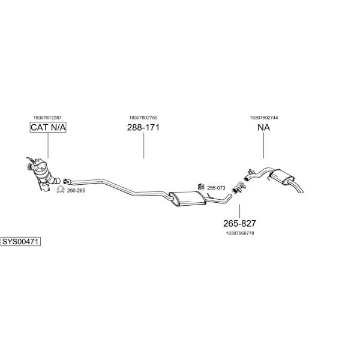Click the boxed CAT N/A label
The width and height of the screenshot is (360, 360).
coord(48,127)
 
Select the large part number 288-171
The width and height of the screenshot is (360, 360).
coord(143,127)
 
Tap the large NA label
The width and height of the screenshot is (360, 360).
coord(263,127)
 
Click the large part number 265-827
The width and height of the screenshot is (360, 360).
coord(239,223)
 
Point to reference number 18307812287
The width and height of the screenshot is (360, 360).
coord(47,118)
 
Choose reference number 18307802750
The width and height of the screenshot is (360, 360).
coord(143,118)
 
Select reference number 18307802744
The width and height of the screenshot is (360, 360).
coord(264,118)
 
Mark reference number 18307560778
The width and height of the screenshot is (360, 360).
coord(240,233)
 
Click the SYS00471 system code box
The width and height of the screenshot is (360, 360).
coord(20,242)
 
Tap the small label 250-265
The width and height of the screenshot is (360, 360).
coord(76,191)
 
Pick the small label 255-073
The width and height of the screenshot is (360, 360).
coord(216,188)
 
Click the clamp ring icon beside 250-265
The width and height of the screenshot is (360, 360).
coord(61,190)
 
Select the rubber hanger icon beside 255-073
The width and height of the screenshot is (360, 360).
coord(202,187)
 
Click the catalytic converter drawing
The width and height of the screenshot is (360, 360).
coord(43,173)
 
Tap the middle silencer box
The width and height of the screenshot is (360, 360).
coord(188,199)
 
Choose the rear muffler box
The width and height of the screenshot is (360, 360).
coord(282,177)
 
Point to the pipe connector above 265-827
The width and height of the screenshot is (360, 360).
coord(239,188)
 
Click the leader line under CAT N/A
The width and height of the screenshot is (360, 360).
coord(48,145)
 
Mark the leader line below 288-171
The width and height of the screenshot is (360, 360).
coord(144,145)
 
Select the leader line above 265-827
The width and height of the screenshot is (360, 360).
coord(239,211)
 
